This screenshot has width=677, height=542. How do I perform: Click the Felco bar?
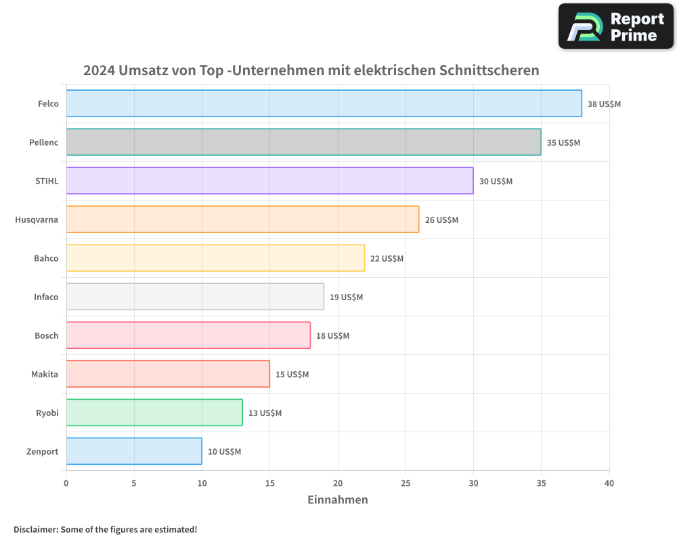click(324, 104)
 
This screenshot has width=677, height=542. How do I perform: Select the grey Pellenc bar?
click(303, 142)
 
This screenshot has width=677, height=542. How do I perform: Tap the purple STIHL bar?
click(269, 181)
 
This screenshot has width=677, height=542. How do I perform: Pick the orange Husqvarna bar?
click(242, 220)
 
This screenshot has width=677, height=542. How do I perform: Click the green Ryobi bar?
click(154, 413)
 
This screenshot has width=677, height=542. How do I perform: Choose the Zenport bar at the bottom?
click(134, 451)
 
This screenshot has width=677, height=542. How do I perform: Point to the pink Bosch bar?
click(188, 335)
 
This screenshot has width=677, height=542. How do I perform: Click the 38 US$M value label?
click(604, 104)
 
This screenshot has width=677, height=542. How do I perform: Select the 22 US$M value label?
click(387, 259)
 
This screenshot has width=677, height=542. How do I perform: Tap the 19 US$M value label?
click(346, 297)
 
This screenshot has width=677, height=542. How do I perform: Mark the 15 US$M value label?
click(292, 375)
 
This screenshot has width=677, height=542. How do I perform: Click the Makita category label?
click(45, 375)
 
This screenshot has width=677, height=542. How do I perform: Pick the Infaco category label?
click(46, 297)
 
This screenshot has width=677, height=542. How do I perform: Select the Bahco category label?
click(46, 259)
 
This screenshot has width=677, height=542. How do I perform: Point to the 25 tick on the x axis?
click(406, 484)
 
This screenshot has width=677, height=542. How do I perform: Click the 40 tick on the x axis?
click(609, 484)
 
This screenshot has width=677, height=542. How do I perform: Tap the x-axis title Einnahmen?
click(338, 500)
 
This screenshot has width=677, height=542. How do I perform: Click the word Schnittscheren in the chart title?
click(489, 70)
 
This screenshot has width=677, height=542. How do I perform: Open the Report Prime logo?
click(615, 26)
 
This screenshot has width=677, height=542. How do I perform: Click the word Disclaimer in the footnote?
click(35, 530)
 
